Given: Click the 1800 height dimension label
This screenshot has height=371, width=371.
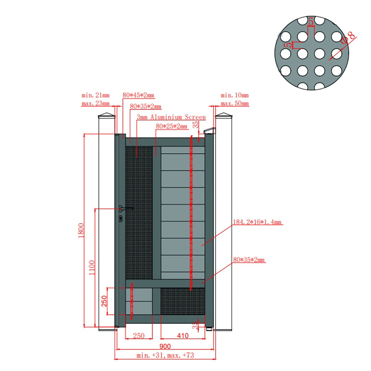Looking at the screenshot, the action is click(x=81, y=230).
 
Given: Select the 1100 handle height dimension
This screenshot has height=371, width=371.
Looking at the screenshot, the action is click(x=92, y=267).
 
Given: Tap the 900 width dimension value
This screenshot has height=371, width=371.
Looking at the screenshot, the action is click(x=165, y=347).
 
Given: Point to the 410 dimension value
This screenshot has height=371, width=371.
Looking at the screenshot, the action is click(x=183, y=335).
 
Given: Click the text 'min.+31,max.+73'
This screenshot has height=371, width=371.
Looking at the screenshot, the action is click(x=165, y=355).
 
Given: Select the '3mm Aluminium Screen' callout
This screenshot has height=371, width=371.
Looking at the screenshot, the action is click(x=171, y=117).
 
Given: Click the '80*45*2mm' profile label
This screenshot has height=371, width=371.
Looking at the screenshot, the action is click(x=138, y=95).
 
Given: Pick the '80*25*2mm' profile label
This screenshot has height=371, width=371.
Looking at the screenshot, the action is click(x=171, y=127).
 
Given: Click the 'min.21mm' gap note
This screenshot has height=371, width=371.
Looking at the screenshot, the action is click(x=96, y=95).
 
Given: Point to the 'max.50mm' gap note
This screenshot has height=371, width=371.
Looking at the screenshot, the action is click(x=235, y=104).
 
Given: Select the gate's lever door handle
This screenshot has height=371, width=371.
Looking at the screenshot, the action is click(x=126, y=209).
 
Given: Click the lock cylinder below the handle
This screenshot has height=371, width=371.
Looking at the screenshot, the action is click(x=121, y=219).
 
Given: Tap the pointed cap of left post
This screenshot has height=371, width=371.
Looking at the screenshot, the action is click(x=107, y=115).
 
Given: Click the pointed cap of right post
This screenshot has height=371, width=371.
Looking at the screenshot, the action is click(x=224, y=115).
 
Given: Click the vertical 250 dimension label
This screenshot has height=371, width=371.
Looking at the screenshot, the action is click(x=104, y=301).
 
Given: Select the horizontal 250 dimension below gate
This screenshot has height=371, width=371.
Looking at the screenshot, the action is click(x=139, y=336).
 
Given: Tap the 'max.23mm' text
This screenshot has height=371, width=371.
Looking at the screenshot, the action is click(x=96, y=104).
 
